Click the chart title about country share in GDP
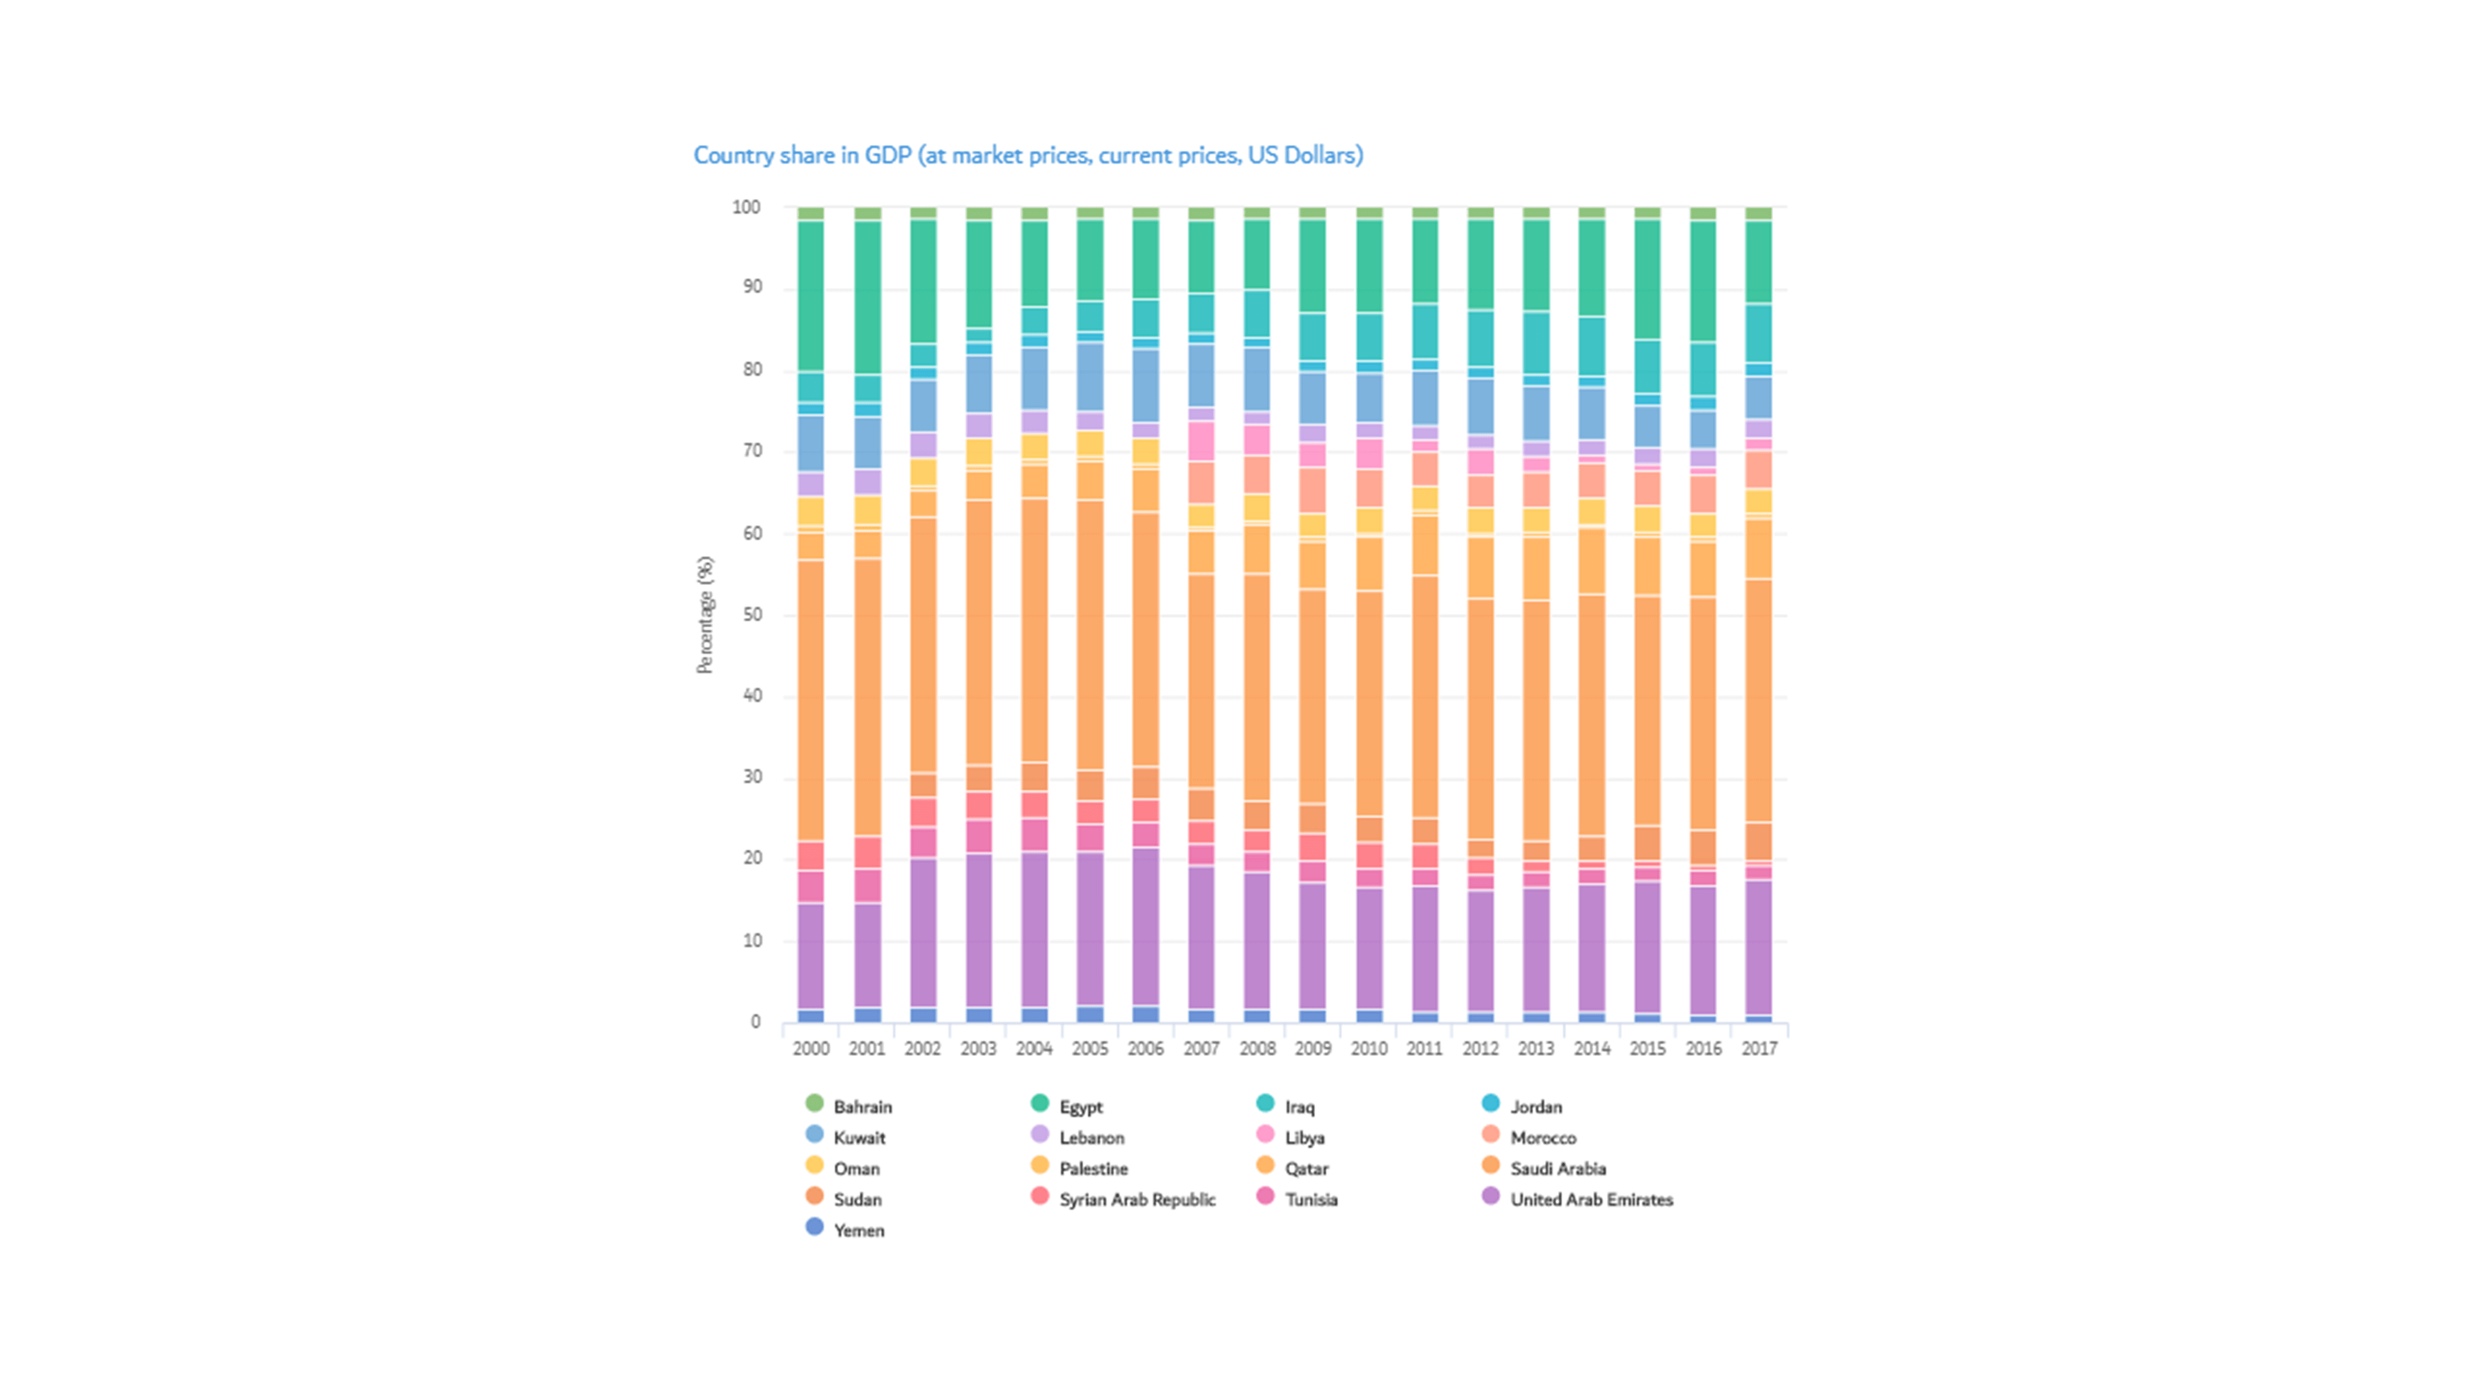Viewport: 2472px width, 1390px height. [x=1028, y=156]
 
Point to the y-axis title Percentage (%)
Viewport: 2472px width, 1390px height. [x=705, y=615]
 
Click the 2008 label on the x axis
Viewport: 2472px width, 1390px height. [x=1257, y=1048]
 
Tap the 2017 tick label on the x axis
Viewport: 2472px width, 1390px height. [x=1759, y=1048]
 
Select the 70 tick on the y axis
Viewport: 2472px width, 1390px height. [x=750, y=451]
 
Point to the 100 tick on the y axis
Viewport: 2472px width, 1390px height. [x=746, y=207]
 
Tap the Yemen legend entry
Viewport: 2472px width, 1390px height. [x=858, y=1231]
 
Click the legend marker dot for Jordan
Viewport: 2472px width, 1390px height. [x=1490, y=1104]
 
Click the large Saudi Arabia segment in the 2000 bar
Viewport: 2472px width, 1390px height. [x=811, y=701]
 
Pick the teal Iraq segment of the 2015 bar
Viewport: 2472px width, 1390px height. [x=1648, y=366]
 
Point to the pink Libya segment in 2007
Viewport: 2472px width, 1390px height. [x=1201, y=441]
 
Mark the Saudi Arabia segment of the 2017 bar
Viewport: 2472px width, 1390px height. [x=1759, y=701]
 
